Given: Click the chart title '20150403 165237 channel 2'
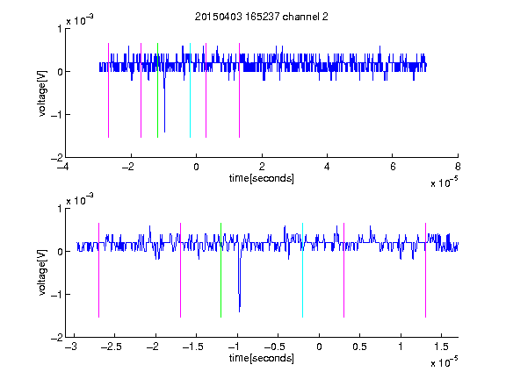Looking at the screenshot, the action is tap(262, 17).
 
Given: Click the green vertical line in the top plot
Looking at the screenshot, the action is tap(157, 90).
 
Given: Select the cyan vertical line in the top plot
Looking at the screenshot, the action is tap(190, 90).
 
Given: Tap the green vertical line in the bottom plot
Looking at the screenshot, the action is tap(220, 270).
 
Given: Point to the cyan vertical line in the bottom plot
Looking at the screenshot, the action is tap(302, 270).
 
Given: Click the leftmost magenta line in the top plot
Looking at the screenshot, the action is tap(108, 90).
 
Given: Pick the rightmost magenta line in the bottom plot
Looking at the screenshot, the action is tap(425, 270).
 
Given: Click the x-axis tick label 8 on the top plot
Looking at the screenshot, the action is tap(458, 167).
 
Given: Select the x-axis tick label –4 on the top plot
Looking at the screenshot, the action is tap(63, 167).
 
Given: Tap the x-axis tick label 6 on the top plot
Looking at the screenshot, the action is tap(393, 167).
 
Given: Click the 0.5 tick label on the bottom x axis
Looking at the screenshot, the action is tap(359, 347).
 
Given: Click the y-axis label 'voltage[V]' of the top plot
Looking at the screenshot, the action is tap(42, 94).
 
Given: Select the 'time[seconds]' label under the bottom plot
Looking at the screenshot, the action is tap(262, 358).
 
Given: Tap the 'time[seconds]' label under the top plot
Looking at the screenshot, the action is tap(262, 178).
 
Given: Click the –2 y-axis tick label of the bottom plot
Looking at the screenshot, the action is tap(56, 338).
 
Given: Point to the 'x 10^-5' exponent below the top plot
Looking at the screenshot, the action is tap(444, 182).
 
